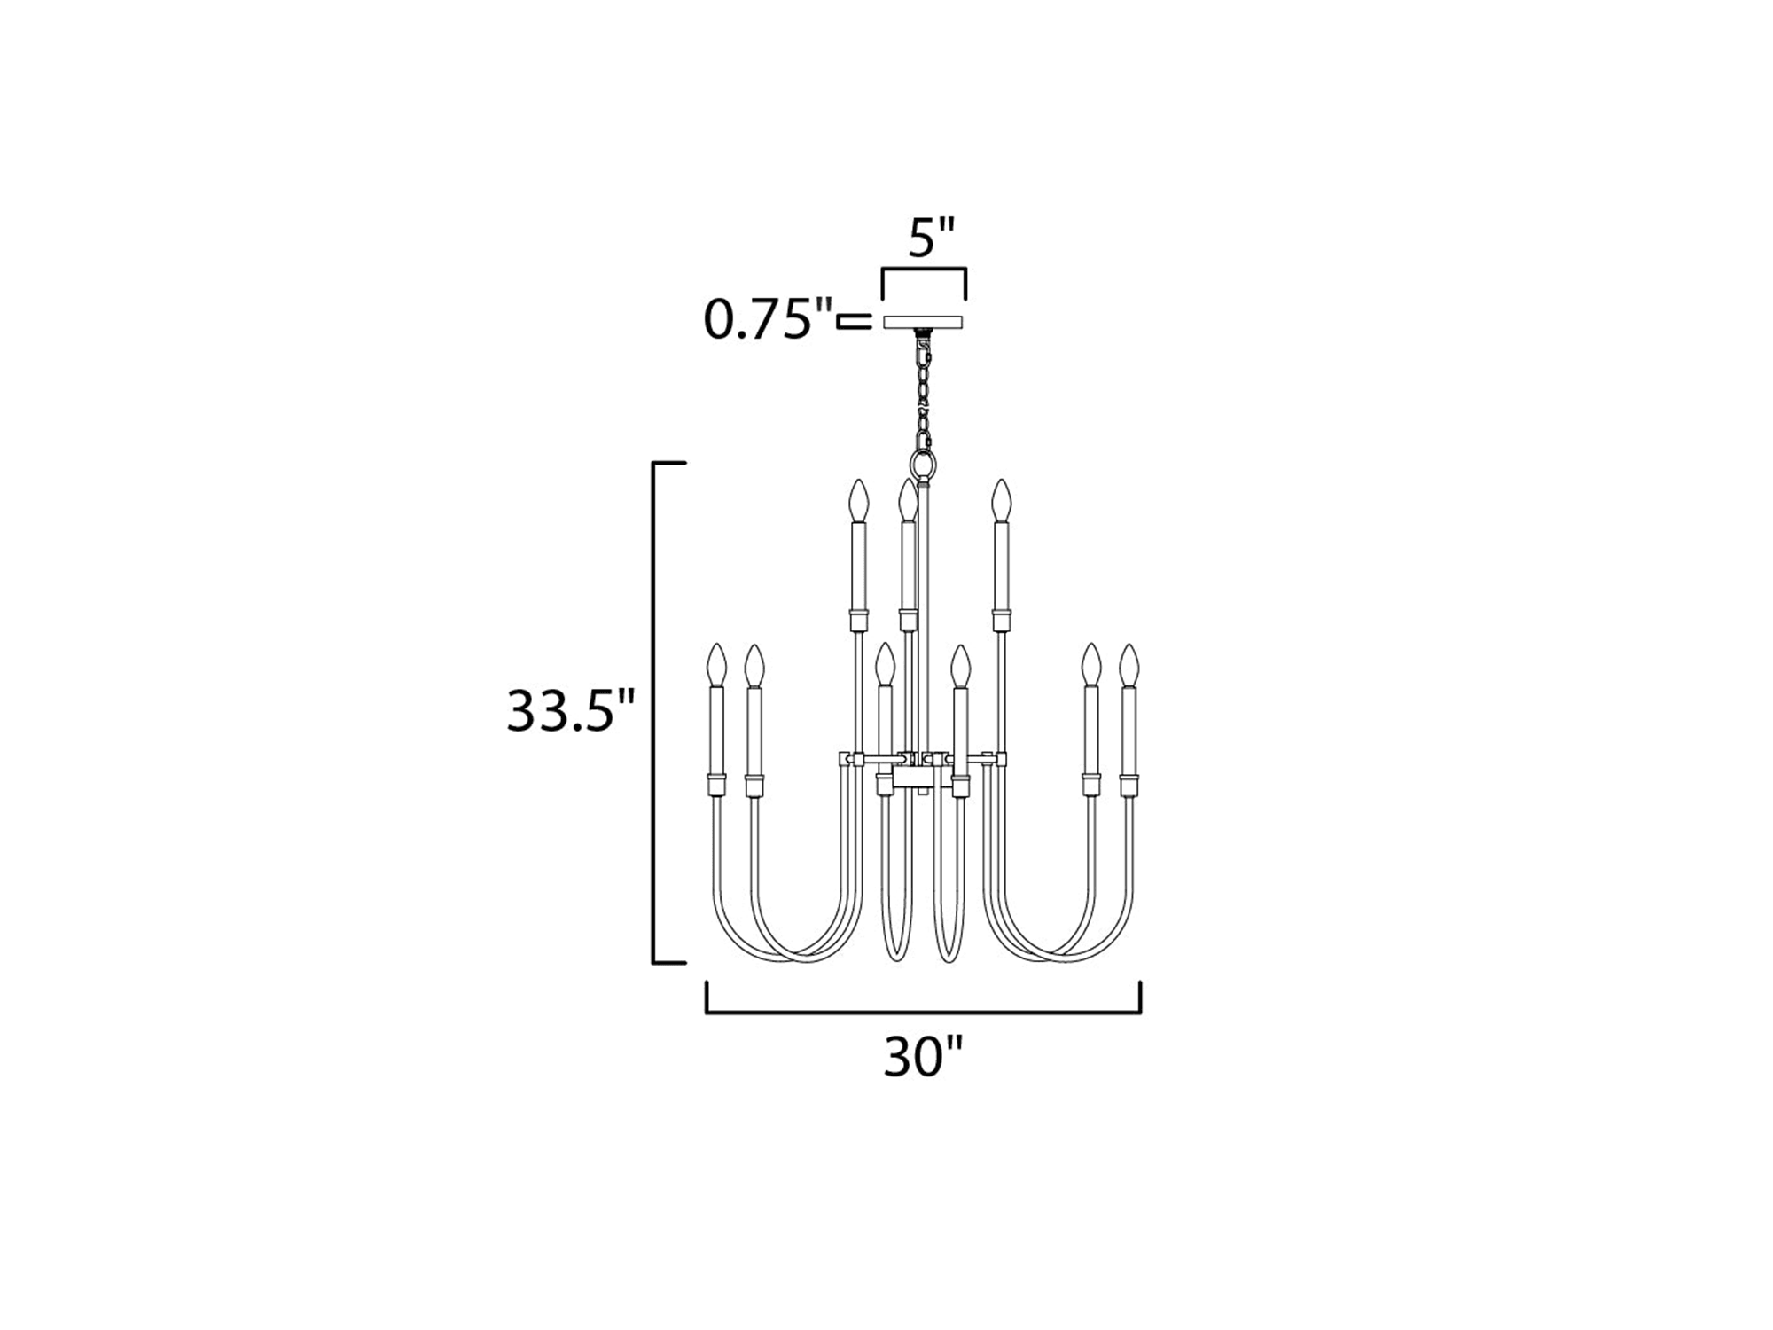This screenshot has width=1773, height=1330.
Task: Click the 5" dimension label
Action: tap(930, 238)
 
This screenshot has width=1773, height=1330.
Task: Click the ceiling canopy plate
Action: tap(924, 321)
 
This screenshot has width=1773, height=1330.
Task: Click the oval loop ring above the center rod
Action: tap(923, 464)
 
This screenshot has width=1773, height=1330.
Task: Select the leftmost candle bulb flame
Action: tap(716, 665)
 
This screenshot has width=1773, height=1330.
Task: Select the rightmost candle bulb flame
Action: tap(1129, 665)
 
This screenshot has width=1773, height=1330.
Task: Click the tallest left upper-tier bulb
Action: tap(857, 501)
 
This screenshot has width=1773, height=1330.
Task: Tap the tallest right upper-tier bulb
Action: tap(1001, 501)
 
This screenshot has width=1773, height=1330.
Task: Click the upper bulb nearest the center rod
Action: tap(906, 501)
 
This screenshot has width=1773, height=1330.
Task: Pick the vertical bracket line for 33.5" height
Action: tap(654, 712)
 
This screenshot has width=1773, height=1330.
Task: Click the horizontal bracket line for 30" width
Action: tap(923, 1012)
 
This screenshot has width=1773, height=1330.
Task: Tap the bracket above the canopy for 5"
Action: tap(924, 269)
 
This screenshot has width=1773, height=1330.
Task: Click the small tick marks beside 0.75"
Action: tap(855, 321)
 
